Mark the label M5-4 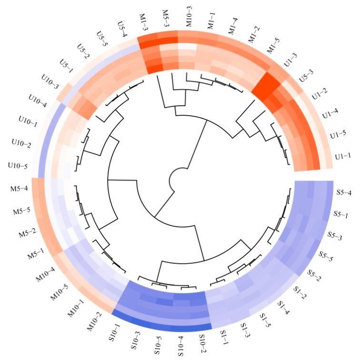[21, 195]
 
